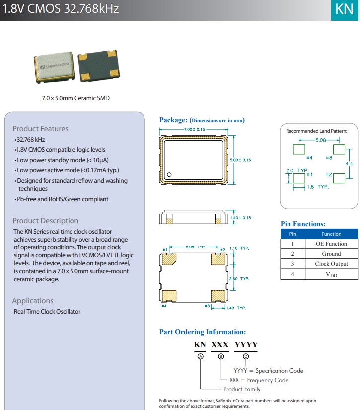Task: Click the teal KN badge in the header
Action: click(345, 10)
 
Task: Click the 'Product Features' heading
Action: click(41, 129)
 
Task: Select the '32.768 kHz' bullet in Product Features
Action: click(30, 140)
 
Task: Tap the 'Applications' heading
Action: click(33, 301)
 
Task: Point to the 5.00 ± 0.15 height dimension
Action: click(240, 160)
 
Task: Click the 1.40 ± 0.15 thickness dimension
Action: click(240, 218)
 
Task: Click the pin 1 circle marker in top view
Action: click(169, 174)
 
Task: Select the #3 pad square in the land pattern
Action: click(339, 149)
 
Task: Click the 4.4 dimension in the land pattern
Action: click(349, 163)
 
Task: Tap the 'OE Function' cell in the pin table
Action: click(331, 244)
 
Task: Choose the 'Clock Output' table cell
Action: click(331, 264)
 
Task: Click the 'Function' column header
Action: click(331, 234)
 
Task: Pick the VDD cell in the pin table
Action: click(331, 274)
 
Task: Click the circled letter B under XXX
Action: click(221, 356)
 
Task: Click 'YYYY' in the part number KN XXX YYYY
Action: click(246, 345)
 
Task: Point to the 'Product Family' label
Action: click(242, 389)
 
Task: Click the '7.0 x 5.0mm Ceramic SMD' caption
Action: click(75, 98)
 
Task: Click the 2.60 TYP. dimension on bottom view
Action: click(239, 279)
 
